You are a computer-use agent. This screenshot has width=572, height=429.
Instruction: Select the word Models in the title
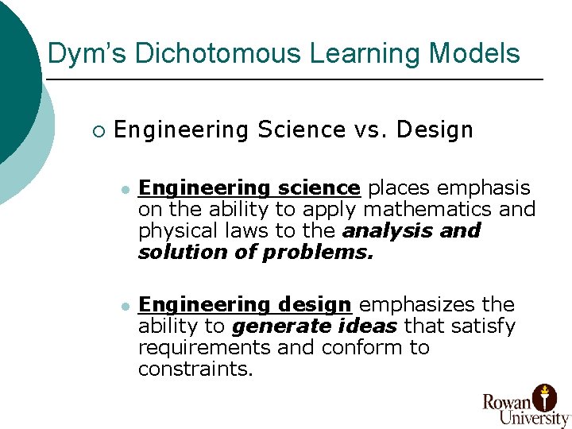point(475,54)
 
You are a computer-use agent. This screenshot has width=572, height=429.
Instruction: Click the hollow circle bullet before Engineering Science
point(97,130)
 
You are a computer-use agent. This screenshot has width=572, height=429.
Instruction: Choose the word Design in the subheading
point(434,130)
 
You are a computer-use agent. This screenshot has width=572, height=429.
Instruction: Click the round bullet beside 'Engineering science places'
point(124,189)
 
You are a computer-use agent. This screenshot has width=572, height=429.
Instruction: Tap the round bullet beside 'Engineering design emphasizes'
point(124,306)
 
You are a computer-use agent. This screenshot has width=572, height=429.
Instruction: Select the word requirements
point(204,347)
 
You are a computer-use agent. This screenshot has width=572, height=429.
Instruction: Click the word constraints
point(195,369)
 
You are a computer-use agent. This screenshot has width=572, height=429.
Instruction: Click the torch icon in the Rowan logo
point(545,396)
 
